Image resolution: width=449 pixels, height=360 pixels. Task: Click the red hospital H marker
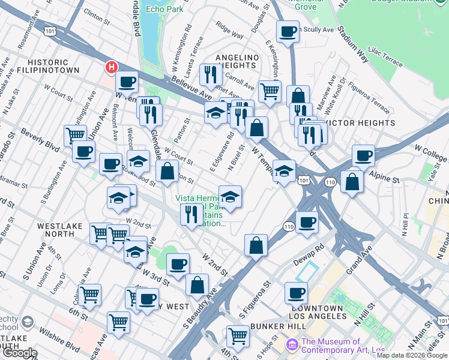111,68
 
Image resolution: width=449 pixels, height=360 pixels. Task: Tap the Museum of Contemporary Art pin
292,344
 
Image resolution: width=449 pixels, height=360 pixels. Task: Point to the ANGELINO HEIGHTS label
237,61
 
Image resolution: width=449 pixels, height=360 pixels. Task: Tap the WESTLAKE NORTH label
60,230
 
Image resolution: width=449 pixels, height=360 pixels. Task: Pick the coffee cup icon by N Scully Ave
288,31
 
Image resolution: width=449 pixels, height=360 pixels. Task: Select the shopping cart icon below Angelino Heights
270,91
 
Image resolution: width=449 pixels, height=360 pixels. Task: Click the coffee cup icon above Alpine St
363,155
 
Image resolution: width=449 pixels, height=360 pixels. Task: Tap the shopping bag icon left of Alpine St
352,181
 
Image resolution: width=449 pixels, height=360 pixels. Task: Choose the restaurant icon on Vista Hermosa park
191,215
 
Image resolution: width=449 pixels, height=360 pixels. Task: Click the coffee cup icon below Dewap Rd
296,293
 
